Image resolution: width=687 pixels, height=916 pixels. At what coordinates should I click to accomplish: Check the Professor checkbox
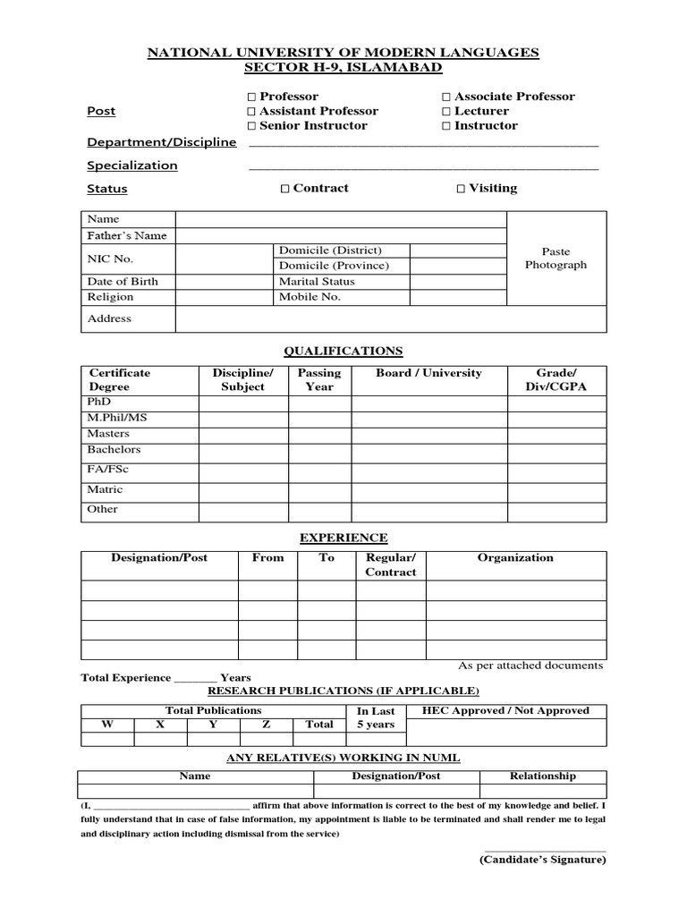pyautogui.click(x=251, y=97)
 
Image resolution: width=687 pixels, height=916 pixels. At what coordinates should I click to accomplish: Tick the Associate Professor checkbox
pyautogui.click(x=446, y=97)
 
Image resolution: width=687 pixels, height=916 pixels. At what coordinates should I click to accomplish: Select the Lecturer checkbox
pyautogui.click(x=446, y=111)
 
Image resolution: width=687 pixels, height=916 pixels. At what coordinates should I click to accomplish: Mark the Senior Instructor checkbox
pyautogui.click(x=251, y=126)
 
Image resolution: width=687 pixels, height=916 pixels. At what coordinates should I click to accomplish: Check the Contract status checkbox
pyautogui.click(x=284, y=189)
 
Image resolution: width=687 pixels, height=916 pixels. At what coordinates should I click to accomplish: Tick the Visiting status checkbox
pyautogui.click(x=461, y=189)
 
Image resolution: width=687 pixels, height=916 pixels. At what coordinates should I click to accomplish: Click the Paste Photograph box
pyautogui.click(x=556, y=259)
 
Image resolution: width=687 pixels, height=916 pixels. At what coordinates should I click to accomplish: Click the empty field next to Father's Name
pyautogui.click(x=341, y=236)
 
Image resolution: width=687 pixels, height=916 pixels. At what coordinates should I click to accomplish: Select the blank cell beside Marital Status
pyautogui.click(x=458, y=282)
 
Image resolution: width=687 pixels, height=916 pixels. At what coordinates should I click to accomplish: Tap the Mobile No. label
pyautogui.click(x=310, y=297)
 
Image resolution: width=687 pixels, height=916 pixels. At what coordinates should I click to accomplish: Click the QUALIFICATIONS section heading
pyautogui.click(x=343, y=352)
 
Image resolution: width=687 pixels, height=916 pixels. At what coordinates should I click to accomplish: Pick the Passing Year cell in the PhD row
pyautogui.click(x=319, y=403)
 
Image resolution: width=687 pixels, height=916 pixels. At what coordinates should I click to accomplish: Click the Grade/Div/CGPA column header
pyautogui.click(x=556, y=380)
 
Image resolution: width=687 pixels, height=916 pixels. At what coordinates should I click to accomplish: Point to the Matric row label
pyautogui.click(x=105, y=490)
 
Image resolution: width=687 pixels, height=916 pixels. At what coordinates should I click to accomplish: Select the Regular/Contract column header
pyautogui.click(x=390, y=564)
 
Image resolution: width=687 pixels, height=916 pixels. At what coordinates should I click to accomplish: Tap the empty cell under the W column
pyautogui.click(x=107, y=739)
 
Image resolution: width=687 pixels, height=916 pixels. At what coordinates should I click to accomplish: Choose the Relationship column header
pyautogui.click(x=542, y=776)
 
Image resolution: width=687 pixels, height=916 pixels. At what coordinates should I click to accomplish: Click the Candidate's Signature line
pyautogui.click(x=545, y=851)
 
